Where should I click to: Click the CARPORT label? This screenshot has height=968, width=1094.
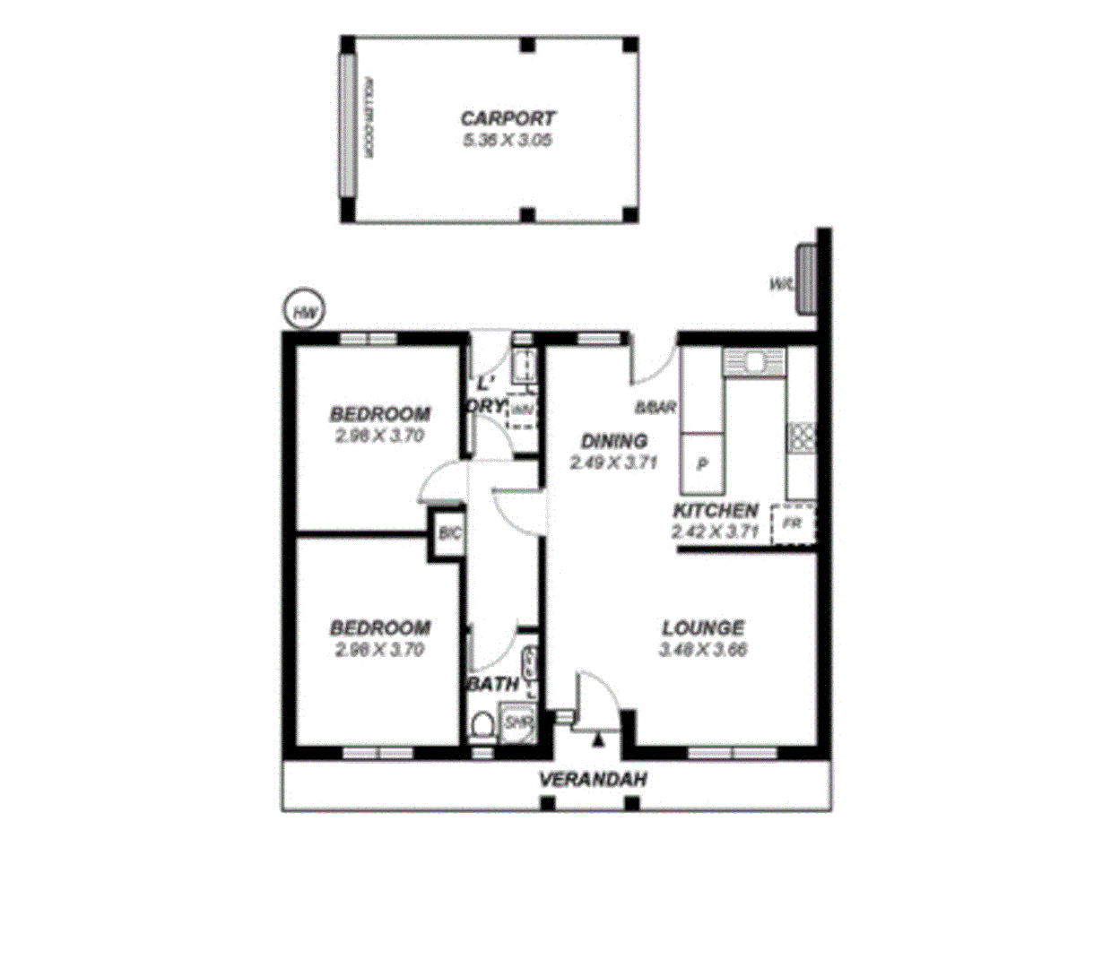[x=508, y=118]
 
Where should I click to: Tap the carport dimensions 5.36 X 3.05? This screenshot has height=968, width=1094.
[x=508, y=140]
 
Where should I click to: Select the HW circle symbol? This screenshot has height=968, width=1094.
[x=304, y=311]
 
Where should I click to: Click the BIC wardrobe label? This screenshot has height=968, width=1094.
[x=449, y=534]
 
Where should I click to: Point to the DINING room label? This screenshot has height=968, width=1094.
[x=613, y=441]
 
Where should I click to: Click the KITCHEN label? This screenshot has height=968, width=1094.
[x=716, y=511]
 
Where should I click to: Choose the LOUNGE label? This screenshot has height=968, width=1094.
[x=703, y=628]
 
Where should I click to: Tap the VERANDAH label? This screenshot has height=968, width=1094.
[x=593, y=780]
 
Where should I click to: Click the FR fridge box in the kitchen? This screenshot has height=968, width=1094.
[x=793, y=523]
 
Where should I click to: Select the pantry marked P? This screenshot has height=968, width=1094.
[x=703, y=464]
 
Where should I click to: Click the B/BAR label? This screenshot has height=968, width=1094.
[x=655, y=408]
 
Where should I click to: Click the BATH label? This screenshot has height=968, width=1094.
[x=493, y=684]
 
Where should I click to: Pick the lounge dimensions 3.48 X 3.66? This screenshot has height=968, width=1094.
[x=703, y=650]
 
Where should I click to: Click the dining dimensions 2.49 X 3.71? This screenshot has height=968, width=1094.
[x=613, y=462]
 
